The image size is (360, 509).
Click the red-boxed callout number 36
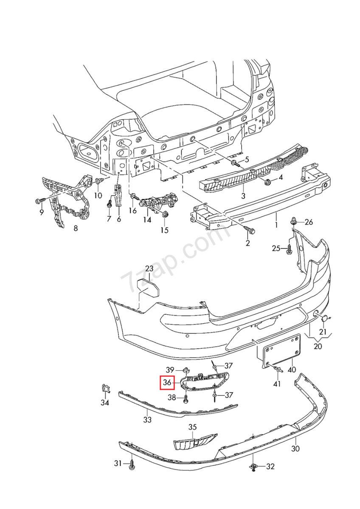point(167,383)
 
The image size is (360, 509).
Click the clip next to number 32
point(253,467)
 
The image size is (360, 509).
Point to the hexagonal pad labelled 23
point(150,288)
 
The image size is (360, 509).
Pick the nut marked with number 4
point(268,182)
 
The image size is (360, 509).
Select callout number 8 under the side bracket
point(76,229)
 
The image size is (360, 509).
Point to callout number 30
point(295,448)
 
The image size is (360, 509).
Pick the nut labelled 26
point(293,221)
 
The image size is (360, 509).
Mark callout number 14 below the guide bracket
point(147,220)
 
